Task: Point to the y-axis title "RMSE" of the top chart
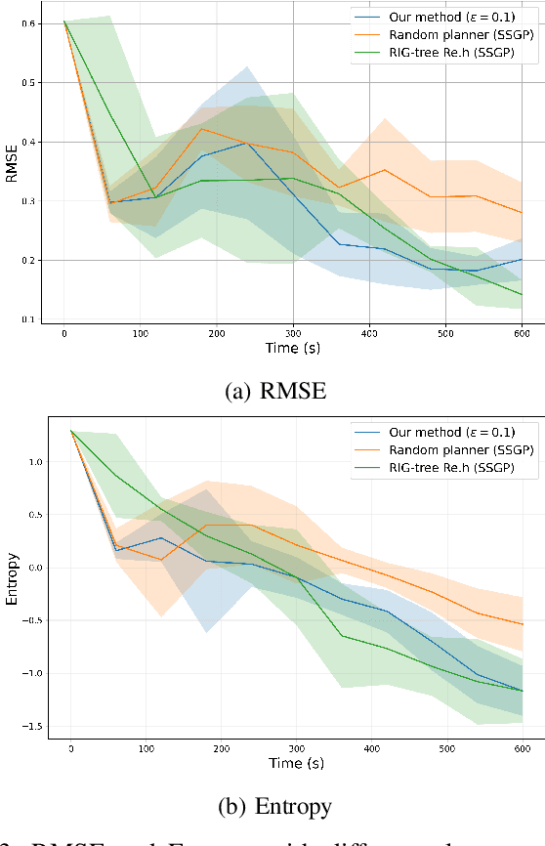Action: (12, 170)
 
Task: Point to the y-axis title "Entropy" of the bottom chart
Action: (12, 581)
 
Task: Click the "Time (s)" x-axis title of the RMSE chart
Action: (294, 348)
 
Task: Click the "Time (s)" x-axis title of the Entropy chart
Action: (297, 762)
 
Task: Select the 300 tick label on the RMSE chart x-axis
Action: (293, 333)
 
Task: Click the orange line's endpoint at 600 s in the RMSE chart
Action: (522, 213)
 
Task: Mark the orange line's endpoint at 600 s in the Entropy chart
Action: (522, 624)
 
